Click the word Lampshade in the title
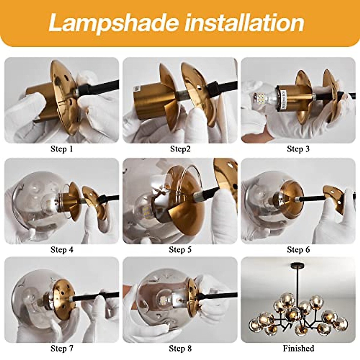click(114, 23)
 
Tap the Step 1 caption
click(62, 149)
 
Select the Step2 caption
click(180, 149)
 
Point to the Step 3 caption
click(298, 149)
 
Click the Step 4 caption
click(62, 250)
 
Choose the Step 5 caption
click(180, 250)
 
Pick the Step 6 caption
click(298, 250)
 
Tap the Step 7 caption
click(62, 348)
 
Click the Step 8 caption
click(180, 348)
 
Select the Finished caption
click(298, 348)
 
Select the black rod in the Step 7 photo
click(90, 297)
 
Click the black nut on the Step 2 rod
click(214, 87)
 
